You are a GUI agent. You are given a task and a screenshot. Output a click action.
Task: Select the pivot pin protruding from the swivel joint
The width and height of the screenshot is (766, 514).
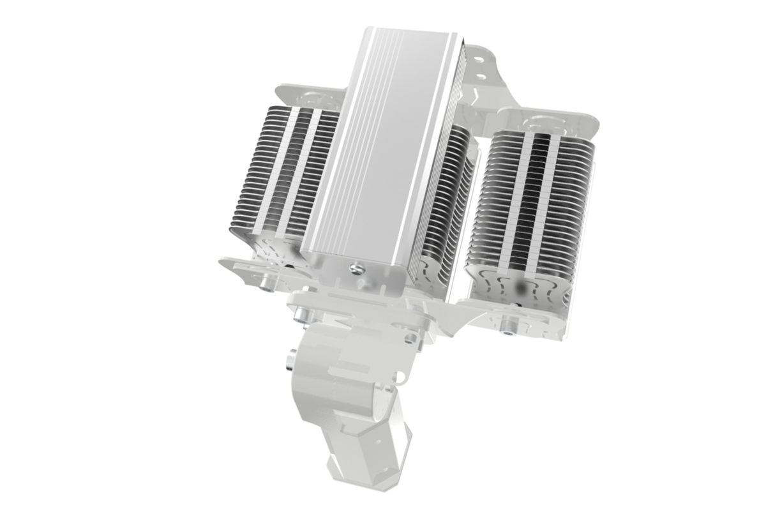pos(290,364)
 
